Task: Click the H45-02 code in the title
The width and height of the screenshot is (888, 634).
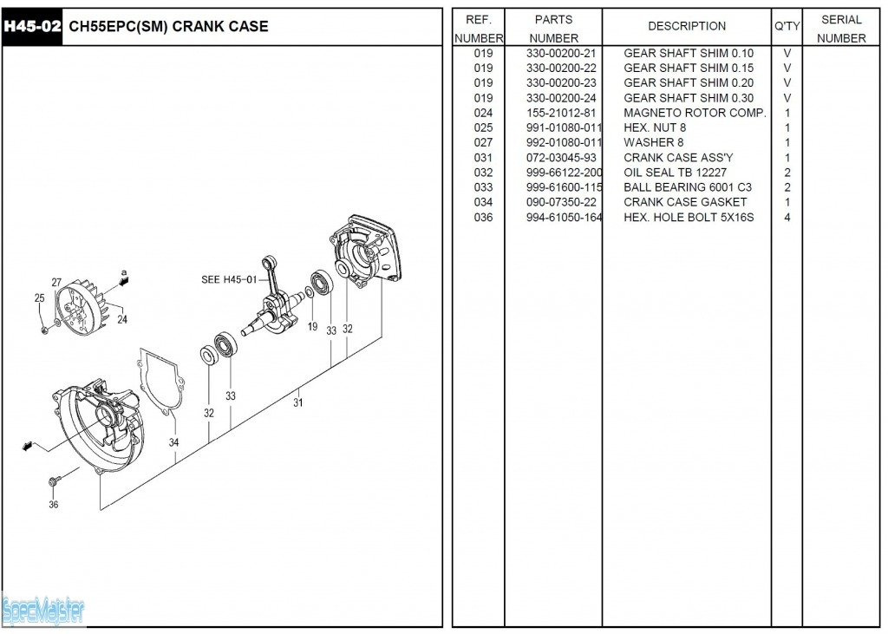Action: (x=32, y=26)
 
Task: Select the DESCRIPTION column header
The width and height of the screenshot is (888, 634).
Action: (x=687, y=26)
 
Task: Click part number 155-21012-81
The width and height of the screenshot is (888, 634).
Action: (x=561, y=113)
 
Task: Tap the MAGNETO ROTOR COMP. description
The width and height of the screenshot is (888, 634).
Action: (x=695, y=113)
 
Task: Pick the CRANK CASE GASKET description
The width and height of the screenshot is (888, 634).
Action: (x=685, y=202)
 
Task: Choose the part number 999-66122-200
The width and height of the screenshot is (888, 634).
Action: (x=564, y=173)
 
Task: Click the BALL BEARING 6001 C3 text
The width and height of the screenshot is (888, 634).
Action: (x=688, y=187)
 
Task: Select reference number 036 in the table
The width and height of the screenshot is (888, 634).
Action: (x=483, y=217)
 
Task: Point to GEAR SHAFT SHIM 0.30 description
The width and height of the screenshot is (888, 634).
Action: (x=689, y=98)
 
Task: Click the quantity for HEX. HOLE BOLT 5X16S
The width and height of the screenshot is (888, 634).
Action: (x=787, y=217)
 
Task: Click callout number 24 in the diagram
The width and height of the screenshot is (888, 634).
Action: (x=122, y=319)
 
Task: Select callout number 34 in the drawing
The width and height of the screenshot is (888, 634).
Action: (x=174, y=442)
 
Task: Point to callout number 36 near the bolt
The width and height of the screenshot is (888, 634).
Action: (x=54, y=505)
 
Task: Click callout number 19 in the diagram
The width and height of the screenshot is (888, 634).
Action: (x=312, y=326)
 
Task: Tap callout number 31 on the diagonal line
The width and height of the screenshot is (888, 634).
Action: (x=298, y=402)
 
